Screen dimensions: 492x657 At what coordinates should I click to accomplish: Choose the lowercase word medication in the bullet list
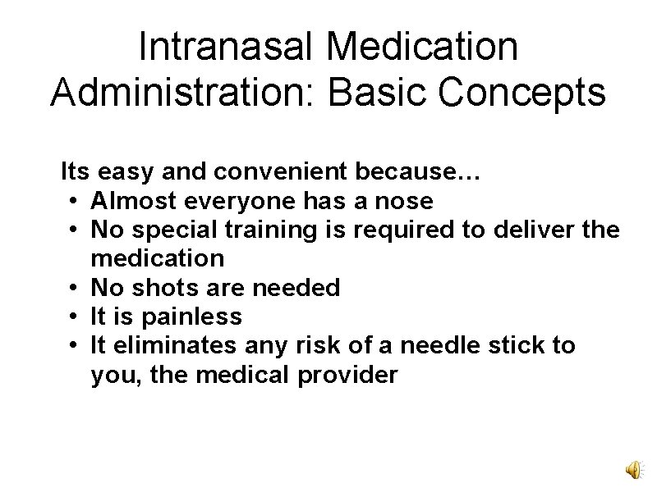(x=158, y=259)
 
